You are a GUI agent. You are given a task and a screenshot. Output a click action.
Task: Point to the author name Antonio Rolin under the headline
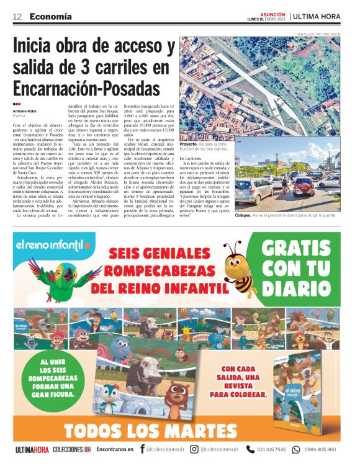click(27, 110)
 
